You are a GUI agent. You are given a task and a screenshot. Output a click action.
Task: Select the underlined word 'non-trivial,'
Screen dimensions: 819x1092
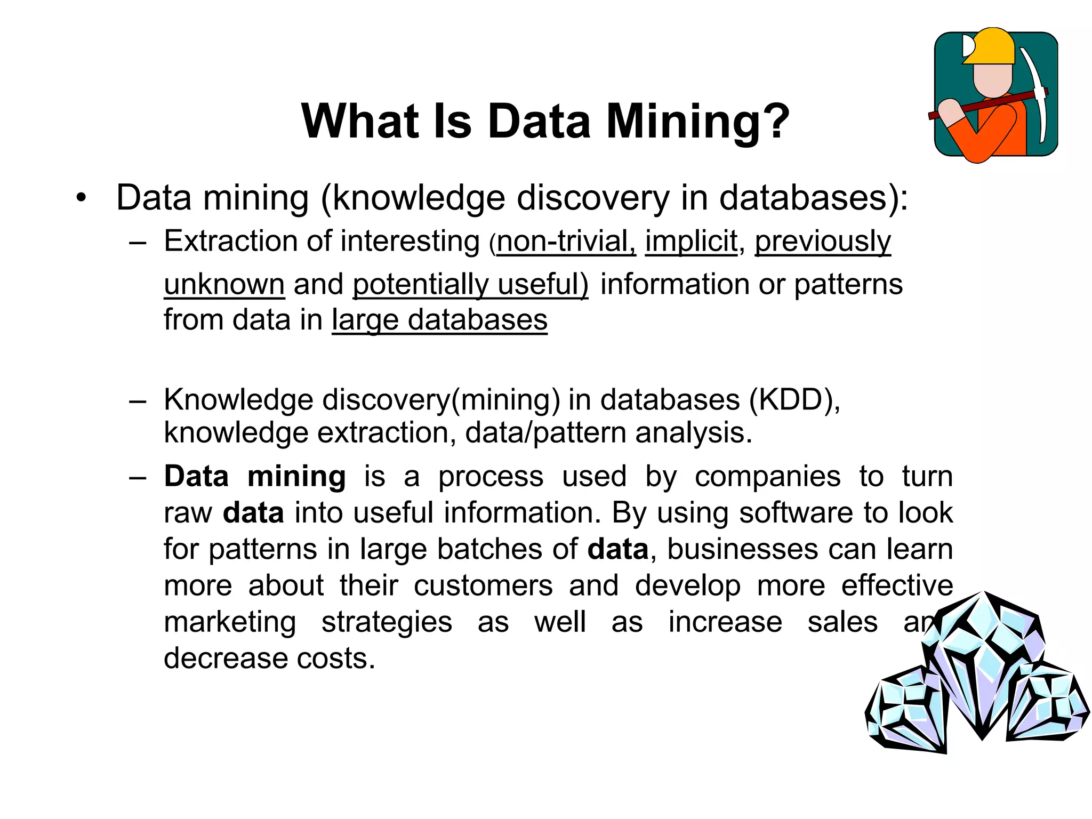566,241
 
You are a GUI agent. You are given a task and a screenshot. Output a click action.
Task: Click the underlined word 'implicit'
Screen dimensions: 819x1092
692,241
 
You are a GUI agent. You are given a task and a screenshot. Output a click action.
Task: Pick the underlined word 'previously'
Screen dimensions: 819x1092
823,241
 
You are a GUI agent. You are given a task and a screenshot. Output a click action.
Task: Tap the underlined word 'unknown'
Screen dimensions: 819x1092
224,284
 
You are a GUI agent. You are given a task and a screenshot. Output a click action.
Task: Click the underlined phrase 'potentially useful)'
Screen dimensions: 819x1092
471,284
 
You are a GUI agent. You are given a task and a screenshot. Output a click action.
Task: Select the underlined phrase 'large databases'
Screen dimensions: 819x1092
439,320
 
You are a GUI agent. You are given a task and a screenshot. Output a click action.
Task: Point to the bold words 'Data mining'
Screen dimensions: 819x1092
255,476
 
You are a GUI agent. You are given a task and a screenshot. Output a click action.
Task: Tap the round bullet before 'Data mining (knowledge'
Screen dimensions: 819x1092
81,198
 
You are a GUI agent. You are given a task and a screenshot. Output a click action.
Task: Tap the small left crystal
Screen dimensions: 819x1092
906,709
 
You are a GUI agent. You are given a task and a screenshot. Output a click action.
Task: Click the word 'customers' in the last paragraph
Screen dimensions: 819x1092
483,585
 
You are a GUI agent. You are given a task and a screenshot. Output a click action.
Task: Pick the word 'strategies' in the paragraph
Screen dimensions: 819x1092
387,622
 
